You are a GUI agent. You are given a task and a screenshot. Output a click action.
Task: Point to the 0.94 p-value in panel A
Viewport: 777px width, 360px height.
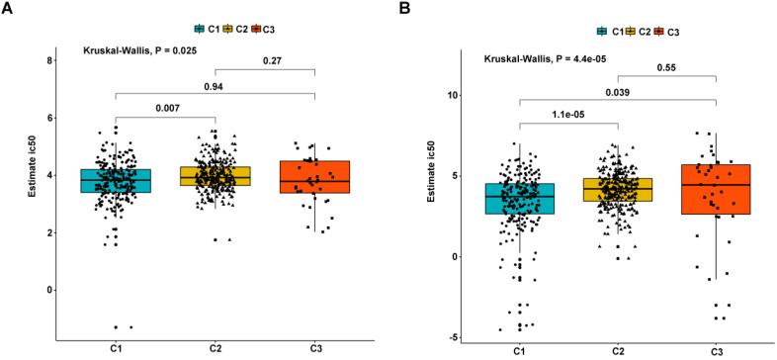tap(215, 86)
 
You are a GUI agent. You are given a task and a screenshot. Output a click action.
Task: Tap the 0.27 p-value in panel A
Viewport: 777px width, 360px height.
tap(265, 60)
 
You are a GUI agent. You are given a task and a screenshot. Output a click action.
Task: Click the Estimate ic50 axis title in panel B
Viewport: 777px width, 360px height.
tap(430, 205)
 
